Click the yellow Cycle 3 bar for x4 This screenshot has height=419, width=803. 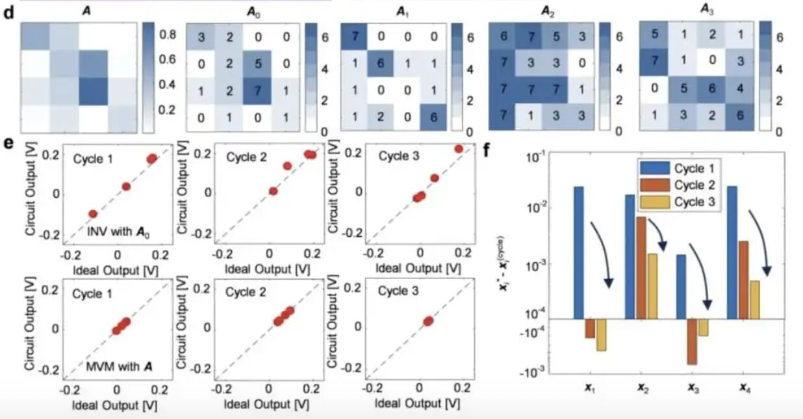click(x=754, y=299)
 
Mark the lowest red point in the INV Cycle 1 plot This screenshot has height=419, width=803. click(x=93, y=213)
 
